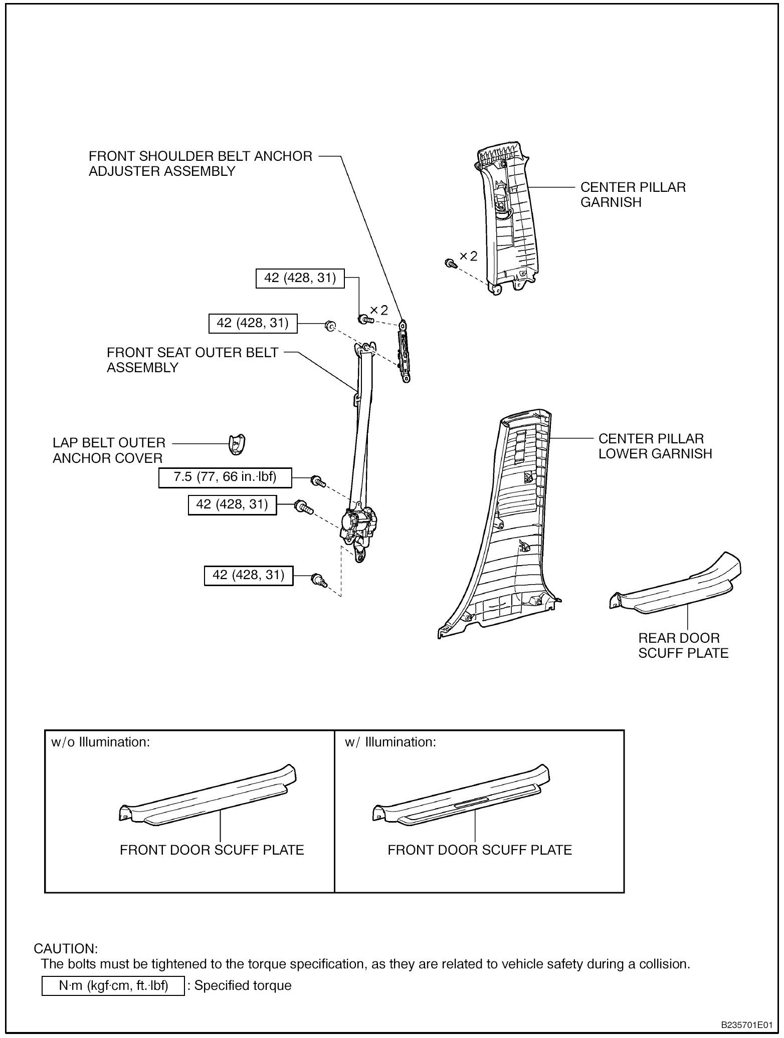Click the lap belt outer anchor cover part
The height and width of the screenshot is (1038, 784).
point(237,444)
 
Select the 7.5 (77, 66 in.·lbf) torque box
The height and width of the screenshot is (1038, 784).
point(225,477)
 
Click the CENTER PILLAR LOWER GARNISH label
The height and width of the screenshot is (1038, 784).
point(655,446)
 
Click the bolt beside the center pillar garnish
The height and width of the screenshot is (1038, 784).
point(450,263)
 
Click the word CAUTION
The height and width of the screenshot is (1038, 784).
point(66,949)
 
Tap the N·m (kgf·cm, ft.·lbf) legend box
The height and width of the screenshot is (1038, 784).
point(113,986)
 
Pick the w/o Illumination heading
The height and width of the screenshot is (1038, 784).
point(101,742)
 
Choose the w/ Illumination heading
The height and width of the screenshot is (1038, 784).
point(390,742)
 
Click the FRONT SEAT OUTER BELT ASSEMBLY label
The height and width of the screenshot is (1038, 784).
point(192,360)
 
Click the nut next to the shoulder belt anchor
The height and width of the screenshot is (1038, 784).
point(329,326)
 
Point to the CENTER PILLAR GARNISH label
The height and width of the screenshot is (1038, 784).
point(633,194)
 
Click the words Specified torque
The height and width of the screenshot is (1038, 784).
point(243,986)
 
